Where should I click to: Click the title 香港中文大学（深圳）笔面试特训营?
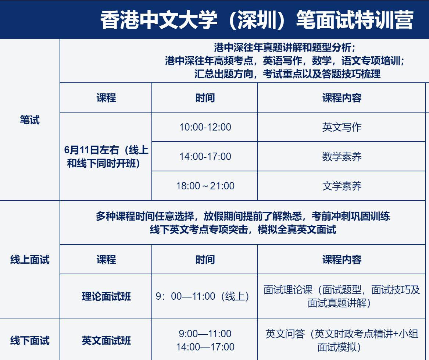point(257,20)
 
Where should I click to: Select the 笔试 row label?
point(30,120)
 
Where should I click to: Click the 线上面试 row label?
point(30,260)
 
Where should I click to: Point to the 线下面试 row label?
point(30,341)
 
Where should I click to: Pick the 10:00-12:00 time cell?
point(205,127)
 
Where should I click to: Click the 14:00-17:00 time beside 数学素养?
point(205,156)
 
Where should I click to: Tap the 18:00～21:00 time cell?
point(205,186)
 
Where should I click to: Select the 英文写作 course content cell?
point(342,127)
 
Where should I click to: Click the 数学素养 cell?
point(342,156)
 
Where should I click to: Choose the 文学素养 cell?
point(342,186)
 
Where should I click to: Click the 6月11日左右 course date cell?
point(106,157)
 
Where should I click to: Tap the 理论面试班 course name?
point(106,296)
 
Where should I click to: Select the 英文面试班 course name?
point(106,341)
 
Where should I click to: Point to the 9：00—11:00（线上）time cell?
point(203,296)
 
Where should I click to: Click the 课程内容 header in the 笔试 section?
point(342,98)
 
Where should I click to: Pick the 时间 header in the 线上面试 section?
point(205,260)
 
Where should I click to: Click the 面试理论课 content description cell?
point(342,296)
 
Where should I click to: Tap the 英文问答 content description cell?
point(342,340)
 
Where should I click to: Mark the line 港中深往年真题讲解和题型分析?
point(285,48)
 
